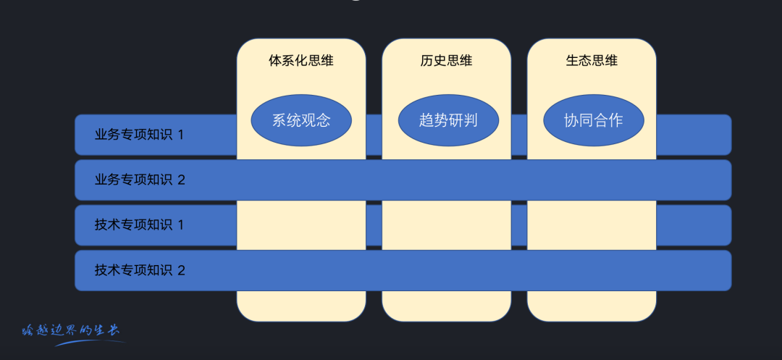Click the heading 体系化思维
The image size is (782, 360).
301,61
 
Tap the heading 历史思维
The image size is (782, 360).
446,61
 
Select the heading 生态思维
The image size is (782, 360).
592,61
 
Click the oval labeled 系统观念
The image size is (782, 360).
301,120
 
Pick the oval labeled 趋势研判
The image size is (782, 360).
448,120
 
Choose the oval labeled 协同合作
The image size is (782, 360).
593,120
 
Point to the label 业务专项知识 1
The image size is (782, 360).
139,135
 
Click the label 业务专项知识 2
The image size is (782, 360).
140,180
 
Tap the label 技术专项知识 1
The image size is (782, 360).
139,225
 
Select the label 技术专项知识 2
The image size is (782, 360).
140,270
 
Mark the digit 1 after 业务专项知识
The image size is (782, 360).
181,135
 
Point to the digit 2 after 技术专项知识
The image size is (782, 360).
182,270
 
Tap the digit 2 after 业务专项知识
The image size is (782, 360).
182,180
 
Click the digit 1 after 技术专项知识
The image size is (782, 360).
181,225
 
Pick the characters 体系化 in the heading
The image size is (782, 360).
288,61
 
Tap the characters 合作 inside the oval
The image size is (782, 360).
608,120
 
